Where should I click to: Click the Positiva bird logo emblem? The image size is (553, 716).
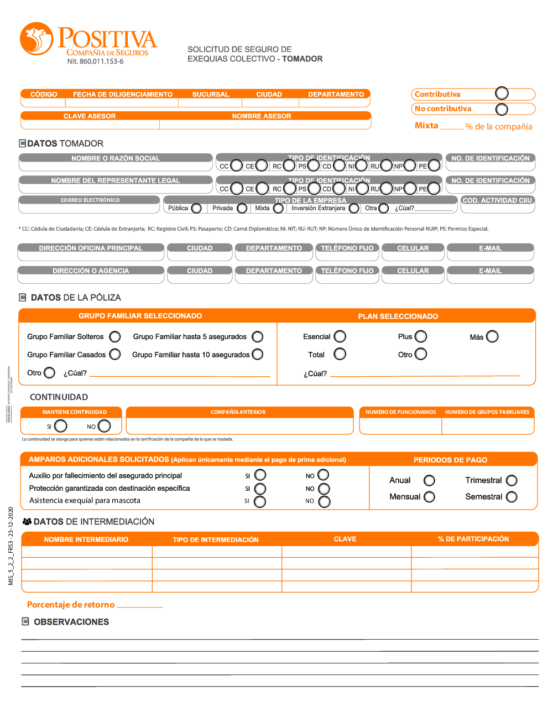[x=36, y=39]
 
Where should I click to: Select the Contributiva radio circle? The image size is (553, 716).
[x=502, y=93]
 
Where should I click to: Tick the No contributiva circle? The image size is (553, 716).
[x=502, y=109]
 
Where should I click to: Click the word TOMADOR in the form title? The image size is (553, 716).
[x=302, y=59]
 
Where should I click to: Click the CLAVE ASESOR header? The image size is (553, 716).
[x=90, y=116]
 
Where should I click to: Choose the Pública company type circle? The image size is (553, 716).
[x=196, y=208]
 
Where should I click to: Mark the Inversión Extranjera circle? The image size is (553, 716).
[x=354, y=208]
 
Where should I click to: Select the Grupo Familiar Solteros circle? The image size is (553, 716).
[x=115, y=336]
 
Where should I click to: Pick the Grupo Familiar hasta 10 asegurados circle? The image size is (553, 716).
[x=258, y=355]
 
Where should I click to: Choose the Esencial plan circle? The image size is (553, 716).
[x=340, y=336]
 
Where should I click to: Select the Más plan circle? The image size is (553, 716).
[x=492, y=336]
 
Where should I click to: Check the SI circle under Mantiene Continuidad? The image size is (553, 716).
[x=61, y=426]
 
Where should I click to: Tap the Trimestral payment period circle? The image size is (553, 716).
[x=512, y=480]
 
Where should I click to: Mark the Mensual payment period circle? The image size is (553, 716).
[x=429, y=497]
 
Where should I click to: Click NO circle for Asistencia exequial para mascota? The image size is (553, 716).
[x=325, y=501]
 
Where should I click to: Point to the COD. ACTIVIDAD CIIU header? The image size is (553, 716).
[x=497, y=200]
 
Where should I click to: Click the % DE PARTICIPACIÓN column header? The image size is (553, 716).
[x=473, y=539]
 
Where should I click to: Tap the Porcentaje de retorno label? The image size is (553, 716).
[x=71, y=605]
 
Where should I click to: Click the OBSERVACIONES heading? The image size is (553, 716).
[x=71, y=622]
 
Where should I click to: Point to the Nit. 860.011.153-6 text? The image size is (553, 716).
[x=95, y=61]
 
